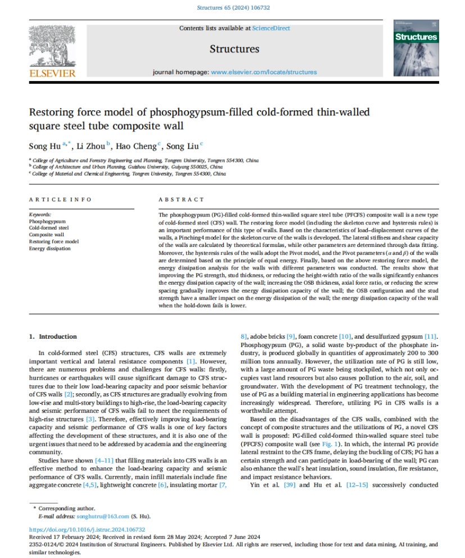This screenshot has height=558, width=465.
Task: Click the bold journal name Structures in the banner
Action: [234, 49]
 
